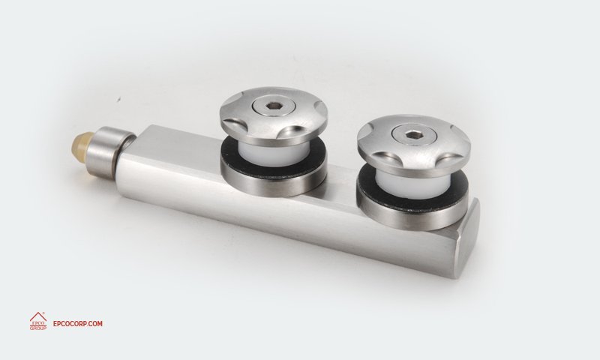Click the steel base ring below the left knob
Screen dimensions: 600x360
(x=274, y=180)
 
